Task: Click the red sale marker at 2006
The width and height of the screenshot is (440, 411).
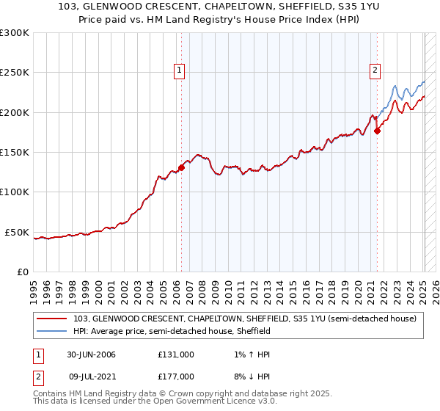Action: click(181, 167)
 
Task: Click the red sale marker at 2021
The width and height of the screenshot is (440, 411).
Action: click(377, 131)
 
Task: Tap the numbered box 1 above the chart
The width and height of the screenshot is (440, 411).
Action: click(180, 70)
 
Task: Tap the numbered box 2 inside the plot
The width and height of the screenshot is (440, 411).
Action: click(375, 70)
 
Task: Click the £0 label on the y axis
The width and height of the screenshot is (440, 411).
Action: click(23, 272)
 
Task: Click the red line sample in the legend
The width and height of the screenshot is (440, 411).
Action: click(52, 319)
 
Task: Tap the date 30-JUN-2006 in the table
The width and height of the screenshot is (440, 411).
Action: click(92, 354)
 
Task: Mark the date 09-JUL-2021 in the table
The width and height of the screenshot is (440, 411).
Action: click(92, 375)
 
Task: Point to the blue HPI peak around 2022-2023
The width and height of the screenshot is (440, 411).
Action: click(395, 86)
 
